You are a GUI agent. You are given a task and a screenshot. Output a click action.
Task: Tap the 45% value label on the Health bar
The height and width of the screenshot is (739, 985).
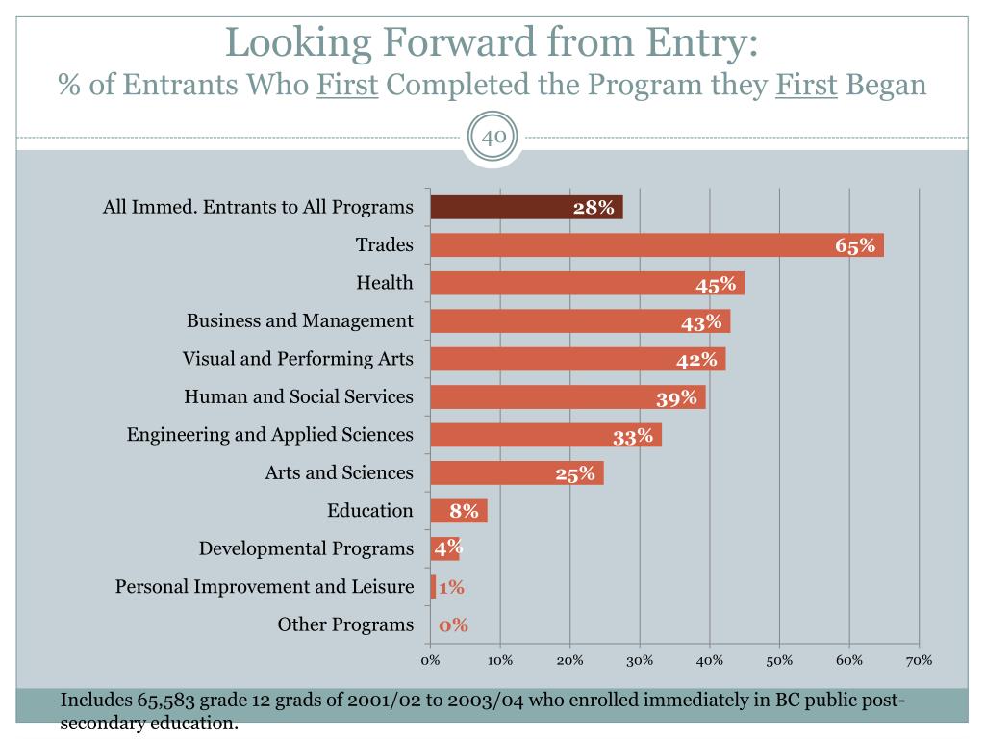pyautogui.click(x=716, y=284)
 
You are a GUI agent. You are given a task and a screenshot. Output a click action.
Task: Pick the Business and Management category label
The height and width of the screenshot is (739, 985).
pyautogui.click(x=300, y=320)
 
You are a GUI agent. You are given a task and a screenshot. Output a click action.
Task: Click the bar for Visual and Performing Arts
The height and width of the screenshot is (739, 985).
pyautogui.click(x=577, y=359)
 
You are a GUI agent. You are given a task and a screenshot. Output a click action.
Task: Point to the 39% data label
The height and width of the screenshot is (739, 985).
pyautogui.click(x=676, y=397)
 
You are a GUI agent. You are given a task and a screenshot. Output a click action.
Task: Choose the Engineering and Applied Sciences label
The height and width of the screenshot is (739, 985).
pyautogui.click(x=270, y=435)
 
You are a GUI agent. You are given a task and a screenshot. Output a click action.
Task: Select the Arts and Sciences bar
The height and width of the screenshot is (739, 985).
pyautogui.click(x=517, y=472)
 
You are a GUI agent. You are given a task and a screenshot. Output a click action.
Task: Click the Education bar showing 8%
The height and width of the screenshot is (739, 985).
pyautogui.click(x=459, y=511)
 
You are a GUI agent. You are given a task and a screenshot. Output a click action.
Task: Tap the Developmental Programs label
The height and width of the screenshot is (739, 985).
pyautogui.click(x=306, y=548)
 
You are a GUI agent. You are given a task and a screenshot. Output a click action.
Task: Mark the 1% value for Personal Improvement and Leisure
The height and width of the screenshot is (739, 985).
pyautogui.click(x=452, y=587)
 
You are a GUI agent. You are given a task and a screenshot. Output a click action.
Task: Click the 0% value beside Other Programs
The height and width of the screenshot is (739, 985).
pyautogui.click(x=454, y=625)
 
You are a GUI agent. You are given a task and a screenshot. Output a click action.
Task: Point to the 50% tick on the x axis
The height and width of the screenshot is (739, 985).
pyautogui.click(x=779, y=660)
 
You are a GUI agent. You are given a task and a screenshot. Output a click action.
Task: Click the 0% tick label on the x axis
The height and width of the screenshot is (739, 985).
pyautogui.click(x=430, y=660)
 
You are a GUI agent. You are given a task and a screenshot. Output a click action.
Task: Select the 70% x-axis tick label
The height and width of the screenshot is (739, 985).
pyautogui.click(x=919, y=660)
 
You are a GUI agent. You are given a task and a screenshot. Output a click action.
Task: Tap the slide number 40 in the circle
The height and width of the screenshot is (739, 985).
pyautogui.click(x=493, y=138)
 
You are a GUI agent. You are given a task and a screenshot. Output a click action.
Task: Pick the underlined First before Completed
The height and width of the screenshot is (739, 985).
pyautogui.click(x=348, y=85)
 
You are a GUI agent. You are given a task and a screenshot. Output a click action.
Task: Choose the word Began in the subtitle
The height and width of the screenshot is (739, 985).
pyautogui.click(x=887, y=85)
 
